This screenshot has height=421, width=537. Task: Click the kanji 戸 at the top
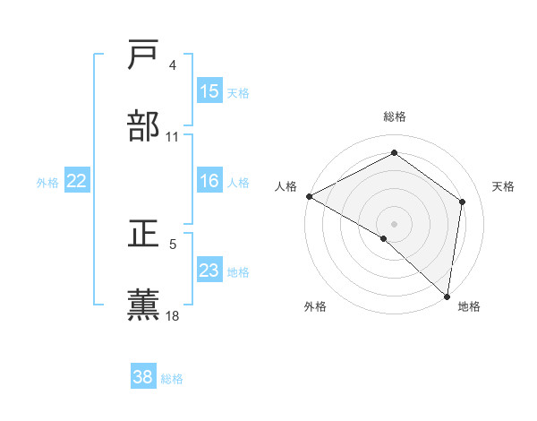pos(145,56)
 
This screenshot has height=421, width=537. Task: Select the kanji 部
pos(145,126)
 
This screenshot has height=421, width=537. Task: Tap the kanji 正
pos(145,234)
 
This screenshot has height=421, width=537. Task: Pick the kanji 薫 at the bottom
pos(145,305)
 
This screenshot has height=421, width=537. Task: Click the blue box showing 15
pos(209,91)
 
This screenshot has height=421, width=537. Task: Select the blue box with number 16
pos(209,181)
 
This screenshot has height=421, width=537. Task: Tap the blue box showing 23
pos(209,271)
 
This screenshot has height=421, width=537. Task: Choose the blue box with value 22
pos(77,181)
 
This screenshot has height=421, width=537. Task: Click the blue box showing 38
pos(142,377)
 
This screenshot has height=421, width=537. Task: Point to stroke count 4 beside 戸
pos(173,65)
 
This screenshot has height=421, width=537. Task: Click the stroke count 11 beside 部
pos(173,136)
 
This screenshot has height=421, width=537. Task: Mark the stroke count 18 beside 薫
pos(173,314)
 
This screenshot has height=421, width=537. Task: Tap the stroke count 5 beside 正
pos(173,243)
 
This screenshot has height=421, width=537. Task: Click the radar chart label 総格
pos(394,116)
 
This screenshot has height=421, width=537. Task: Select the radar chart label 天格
pos(503,186)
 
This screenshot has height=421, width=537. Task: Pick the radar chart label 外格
pos(315,307)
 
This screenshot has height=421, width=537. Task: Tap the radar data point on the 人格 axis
pos(308,195)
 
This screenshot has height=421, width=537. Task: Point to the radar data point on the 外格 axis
pos(384,238)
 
